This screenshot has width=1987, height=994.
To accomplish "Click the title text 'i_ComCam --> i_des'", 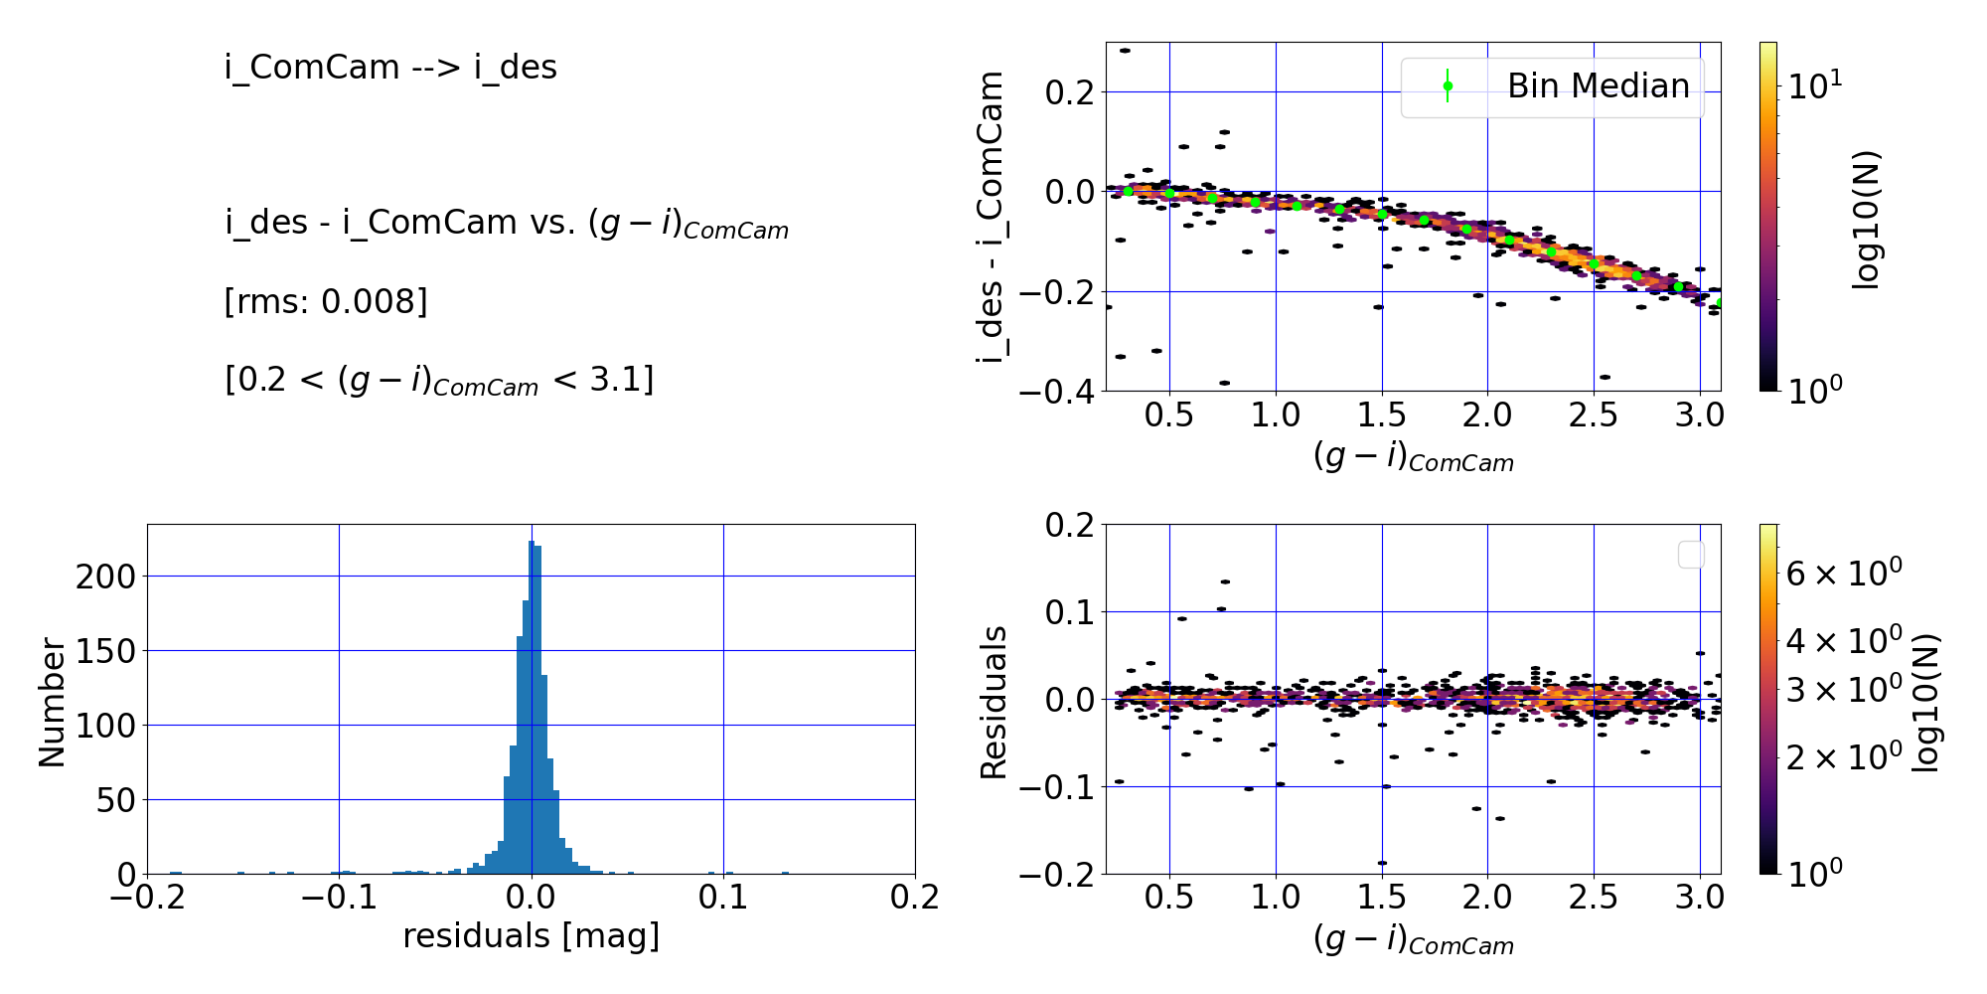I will tap(390, 68).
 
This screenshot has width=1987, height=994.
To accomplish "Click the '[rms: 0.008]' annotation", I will tap(326, 301).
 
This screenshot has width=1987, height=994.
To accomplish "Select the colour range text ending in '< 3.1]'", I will tap(439, 380).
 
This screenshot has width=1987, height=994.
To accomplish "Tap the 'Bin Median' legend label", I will tap(1598, 86).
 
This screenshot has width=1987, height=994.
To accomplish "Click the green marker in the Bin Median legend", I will tap(1448, 86).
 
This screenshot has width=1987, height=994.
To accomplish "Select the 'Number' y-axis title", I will tap(52, 702).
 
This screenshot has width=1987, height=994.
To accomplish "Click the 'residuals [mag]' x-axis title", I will tap(531, 936).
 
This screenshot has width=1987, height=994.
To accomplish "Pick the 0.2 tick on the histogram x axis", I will tap(914, 899).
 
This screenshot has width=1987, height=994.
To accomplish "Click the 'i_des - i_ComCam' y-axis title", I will tap(992, 217).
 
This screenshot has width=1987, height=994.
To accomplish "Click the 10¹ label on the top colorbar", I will tap(1814, 86).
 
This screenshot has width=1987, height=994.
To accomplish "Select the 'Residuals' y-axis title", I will tap(993, 702).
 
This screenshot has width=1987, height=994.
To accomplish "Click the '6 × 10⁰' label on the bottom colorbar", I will tap(1844, 574).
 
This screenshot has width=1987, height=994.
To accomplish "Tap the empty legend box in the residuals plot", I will tap(1691, 555).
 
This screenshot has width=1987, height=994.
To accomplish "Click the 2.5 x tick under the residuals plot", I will tap(1593, 899).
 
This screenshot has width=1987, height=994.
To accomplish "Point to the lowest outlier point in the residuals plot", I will tap(1382, 863).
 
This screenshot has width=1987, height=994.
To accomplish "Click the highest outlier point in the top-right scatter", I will tap(1125, 51).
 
